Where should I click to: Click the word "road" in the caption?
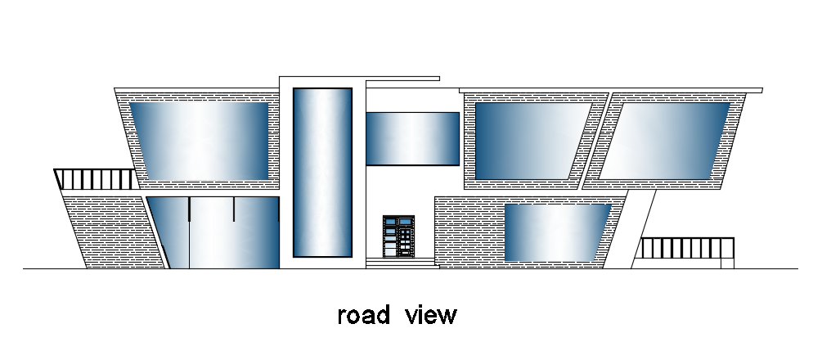[363, 315]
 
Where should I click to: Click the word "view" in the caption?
[430, 315]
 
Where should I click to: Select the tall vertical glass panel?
[322, 172]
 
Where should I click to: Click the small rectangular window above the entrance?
[412, 138]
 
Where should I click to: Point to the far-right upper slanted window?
[666, 140]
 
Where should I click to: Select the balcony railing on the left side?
[95, 179]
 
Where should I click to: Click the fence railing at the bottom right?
[687, 249]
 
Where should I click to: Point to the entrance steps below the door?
[401, 263]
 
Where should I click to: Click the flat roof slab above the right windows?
[610, 90]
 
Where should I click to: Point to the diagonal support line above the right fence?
[643, 225]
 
